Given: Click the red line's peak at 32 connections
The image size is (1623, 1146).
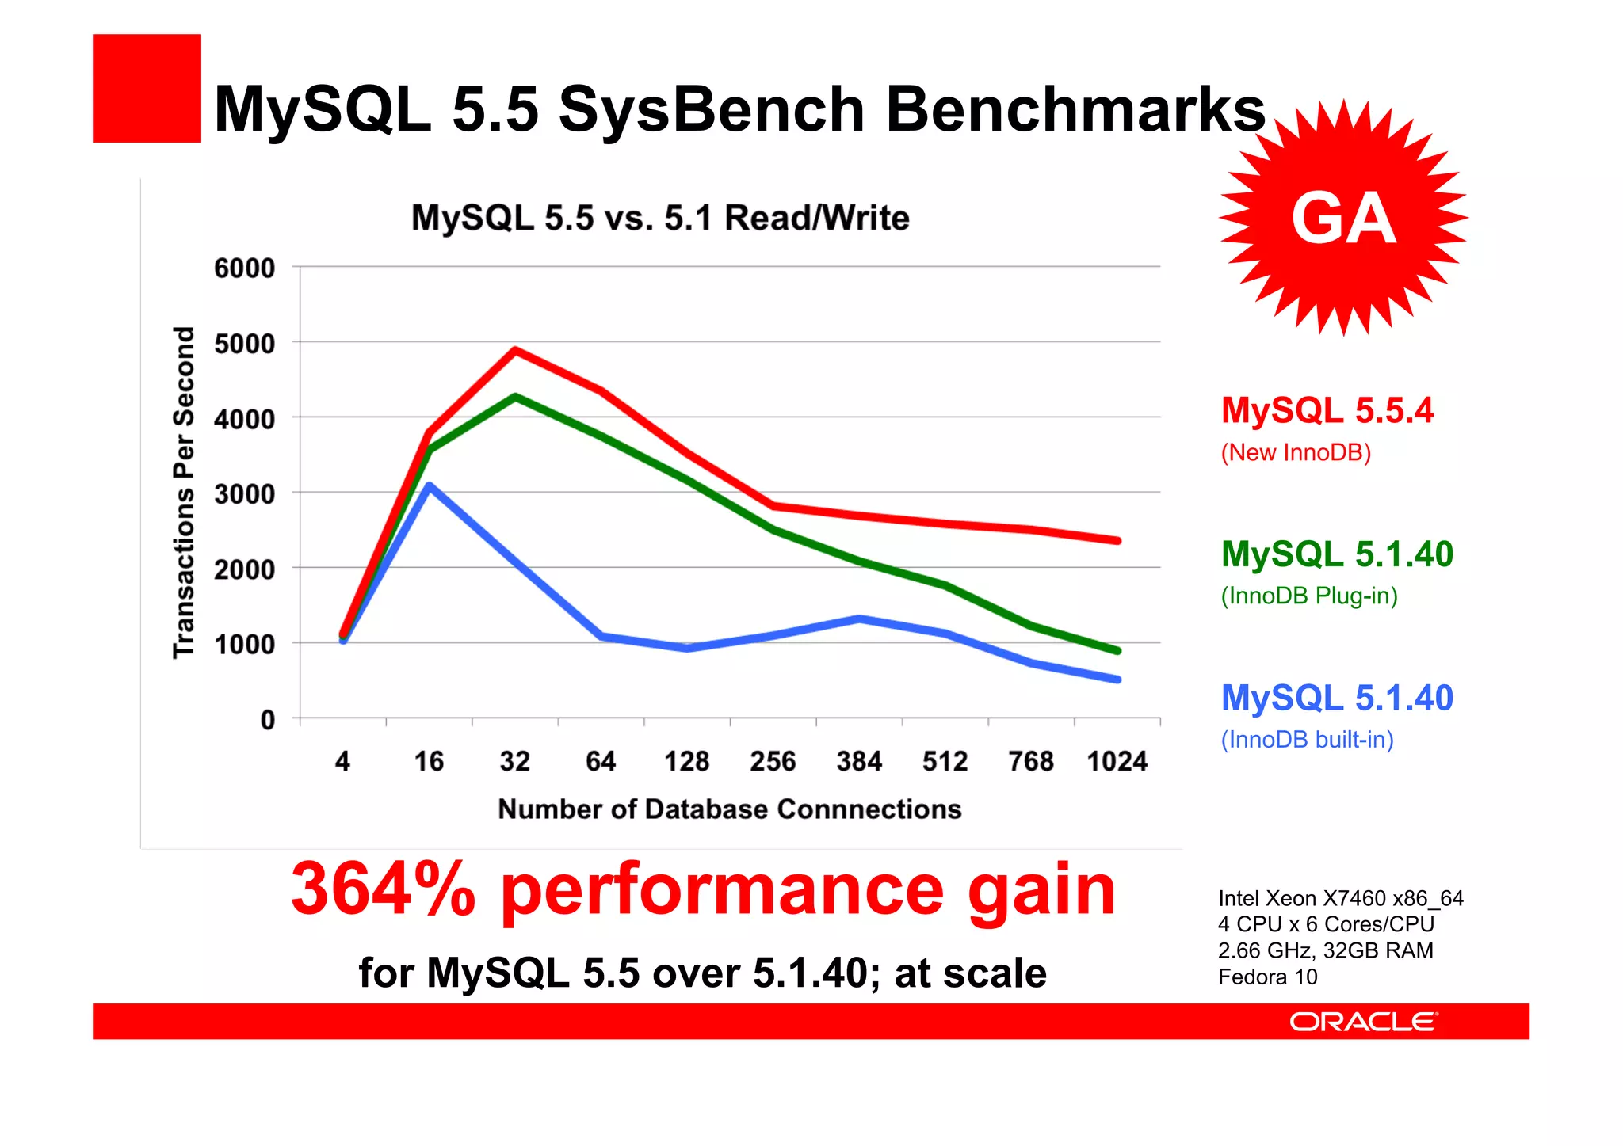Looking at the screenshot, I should pyautogui.click(x=515, y=350).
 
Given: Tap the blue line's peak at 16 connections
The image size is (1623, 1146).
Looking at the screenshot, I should pyautogui.click(x=429, y=485).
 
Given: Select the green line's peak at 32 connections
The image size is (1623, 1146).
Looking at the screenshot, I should pyautogui.click(x=515, y=396).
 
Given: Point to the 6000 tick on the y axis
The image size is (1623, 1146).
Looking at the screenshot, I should pyautogui.click(x=245, y=268).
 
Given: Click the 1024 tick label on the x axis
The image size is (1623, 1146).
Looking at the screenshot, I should pyautogui.click(x=1117, y=761).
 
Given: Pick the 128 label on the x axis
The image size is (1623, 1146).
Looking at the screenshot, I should pyautogui.click(x=686, y=761).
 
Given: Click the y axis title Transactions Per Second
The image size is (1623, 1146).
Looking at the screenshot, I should pyautogui.click(x=184, y=492).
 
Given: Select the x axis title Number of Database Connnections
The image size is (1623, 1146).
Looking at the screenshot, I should pyautogui.click(x=729, y=809).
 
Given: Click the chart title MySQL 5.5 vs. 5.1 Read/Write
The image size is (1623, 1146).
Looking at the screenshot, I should pyautogui.click(x=659, y=218).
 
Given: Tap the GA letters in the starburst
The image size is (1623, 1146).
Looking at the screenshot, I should pyautogui.click(x=1343, y=219).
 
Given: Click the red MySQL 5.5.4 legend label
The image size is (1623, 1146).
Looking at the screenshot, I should pyautogui.click(x=1327, y=410).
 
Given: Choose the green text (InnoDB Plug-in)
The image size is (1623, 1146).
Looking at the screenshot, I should pyautogui.click(x=1309, y=596).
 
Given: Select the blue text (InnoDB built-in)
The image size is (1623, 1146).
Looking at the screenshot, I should pyautogui.click(x=1307, y=740).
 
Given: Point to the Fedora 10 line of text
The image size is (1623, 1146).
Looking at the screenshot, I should pyautogui.click(x=1267, y=977).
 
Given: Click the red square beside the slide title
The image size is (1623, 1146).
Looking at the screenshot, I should pyautogui.click(x=147, y=88).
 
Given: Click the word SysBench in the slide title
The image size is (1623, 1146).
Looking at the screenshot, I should pyautogui.click(x=711, y=109).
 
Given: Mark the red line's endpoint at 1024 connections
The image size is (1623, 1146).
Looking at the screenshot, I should pyautogui.click(x=1117, y=540).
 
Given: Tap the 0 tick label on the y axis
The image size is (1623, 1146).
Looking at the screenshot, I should pyautogui.click(x=268, y=720).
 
